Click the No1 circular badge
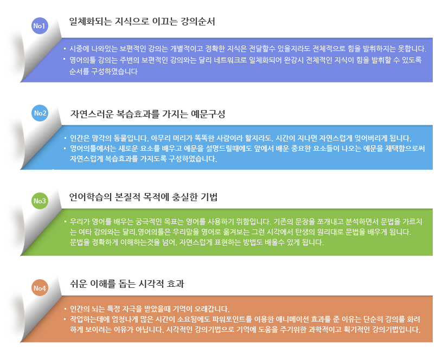40,25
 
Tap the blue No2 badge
40,113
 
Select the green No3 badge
40,201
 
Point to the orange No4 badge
40,288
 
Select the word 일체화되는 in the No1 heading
89,22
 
